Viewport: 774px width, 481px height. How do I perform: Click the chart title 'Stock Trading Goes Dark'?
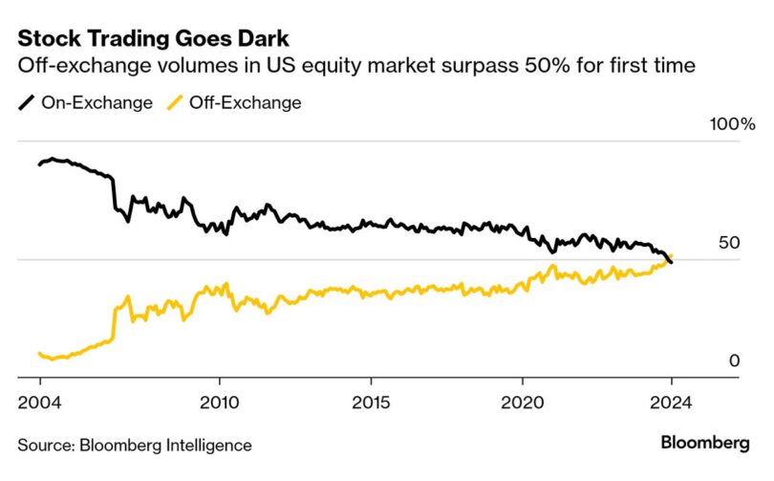154,39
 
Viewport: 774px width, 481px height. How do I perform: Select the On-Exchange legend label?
97,102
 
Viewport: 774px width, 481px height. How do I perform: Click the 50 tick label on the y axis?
729,243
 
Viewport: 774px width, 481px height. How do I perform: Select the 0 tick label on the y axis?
734,361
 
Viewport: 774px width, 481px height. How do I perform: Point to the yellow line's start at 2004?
39,354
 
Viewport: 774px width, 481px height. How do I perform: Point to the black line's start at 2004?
39,164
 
